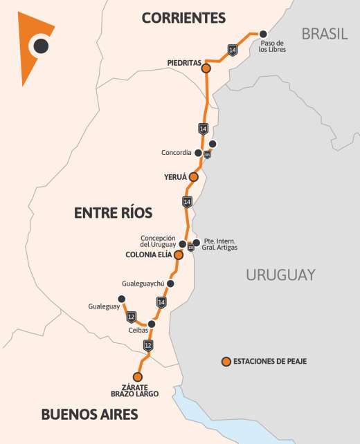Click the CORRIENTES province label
click(183, 17)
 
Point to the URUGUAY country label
click(280, 275)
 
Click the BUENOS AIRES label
click(89, 415)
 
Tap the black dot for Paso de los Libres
click(263, 33)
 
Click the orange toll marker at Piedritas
click(206, 68)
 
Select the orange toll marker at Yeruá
click(193, 177)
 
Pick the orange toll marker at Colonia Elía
click(178, 255)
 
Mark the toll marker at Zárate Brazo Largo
click(137, 377)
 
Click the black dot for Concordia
click(199, 153)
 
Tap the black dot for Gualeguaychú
click(170, 284)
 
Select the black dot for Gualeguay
click(122, 299)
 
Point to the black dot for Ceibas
click(152, 324)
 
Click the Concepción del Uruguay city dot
click(183, 243)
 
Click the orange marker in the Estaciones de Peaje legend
click(226, 361)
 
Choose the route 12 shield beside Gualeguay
click(132, 317)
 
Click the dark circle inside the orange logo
click(41, 46)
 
